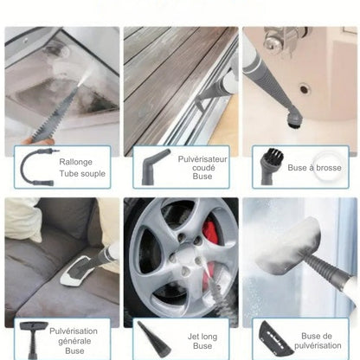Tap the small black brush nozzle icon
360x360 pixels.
click(x=267, y=164)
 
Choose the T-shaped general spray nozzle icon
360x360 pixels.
click(x=32, y=338)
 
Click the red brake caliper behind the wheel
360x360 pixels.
click(x=210, y=238)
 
